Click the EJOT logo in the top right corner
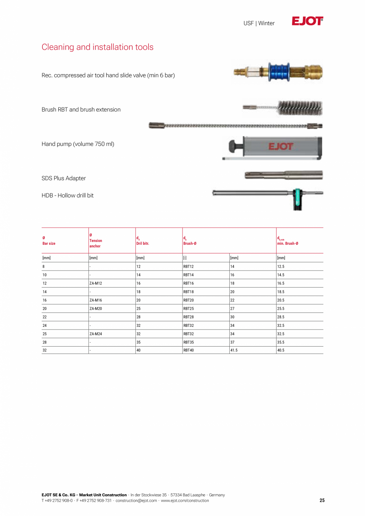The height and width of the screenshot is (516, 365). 307,21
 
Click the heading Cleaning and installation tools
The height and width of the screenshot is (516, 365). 97,47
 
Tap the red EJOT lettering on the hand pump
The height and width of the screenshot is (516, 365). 281,147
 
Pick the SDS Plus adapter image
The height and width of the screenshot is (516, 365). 284,175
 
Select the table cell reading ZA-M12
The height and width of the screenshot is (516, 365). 96,284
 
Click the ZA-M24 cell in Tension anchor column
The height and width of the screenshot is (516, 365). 96,334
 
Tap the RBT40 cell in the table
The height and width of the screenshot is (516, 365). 188,351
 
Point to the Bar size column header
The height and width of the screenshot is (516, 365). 49,244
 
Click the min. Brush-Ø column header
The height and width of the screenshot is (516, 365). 288,244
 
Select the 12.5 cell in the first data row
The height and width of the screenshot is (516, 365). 281,267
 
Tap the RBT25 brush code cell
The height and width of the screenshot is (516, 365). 188,309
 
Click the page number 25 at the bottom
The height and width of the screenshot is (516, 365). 322,501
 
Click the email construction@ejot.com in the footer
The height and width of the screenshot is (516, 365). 136,501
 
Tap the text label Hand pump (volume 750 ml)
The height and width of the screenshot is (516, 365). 78,144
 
